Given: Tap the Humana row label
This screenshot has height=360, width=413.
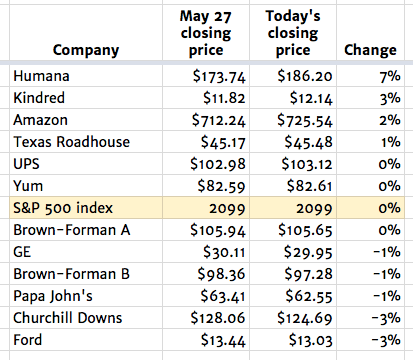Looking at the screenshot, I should coord(42,76).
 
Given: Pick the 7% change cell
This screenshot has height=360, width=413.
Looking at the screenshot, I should coord(389,76).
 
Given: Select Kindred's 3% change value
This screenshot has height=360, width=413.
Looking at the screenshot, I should coord(389,98).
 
